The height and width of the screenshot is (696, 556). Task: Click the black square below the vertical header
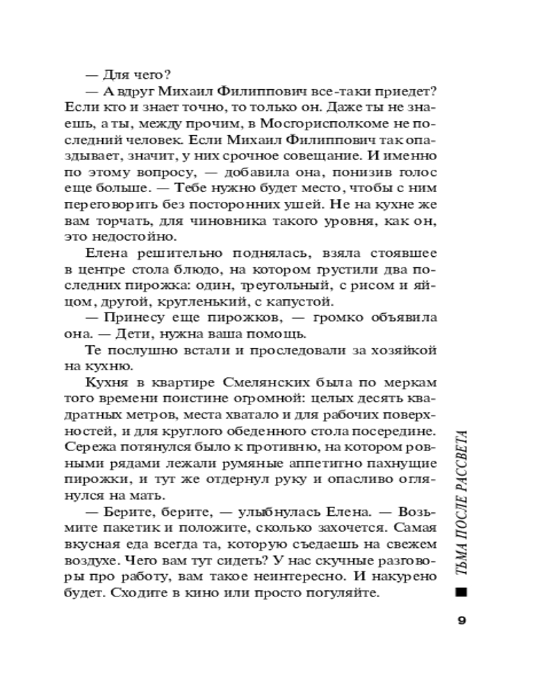[x=460, y=592]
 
